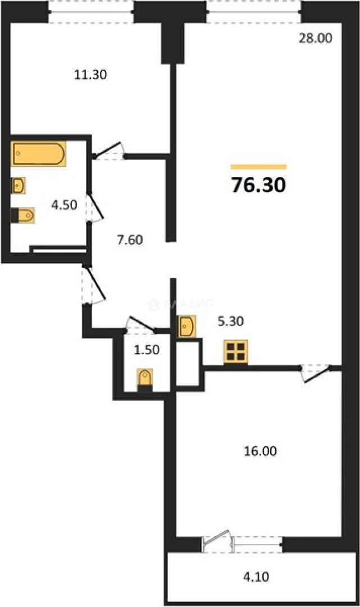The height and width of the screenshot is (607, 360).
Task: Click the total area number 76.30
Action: coord(258,184)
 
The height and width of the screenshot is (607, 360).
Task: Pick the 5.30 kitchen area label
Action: coord(230,321)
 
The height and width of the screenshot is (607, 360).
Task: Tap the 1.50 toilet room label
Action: coord(147,350)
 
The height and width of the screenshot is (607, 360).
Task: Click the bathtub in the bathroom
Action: coord(38,153)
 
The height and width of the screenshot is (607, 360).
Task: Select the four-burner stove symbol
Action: coord(235,352)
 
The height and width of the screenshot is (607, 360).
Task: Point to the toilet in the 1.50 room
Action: coord(145,377)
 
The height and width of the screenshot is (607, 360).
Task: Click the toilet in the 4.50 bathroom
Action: coord(24,215)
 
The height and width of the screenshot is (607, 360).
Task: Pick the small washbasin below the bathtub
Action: coord(19,185)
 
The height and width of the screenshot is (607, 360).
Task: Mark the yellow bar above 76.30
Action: coord(258,167)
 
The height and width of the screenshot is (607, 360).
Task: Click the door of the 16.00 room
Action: coord(314,374)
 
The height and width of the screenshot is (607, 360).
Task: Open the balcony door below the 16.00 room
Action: coord(217,537)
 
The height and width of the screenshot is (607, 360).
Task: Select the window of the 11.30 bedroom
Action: coord(91,11)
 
